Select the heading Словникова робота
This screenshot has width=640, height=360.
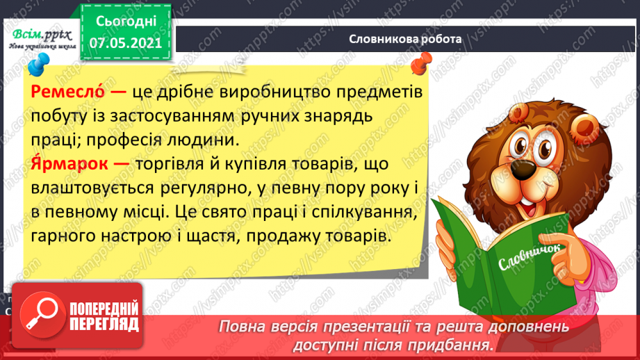tap(405, 40)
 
